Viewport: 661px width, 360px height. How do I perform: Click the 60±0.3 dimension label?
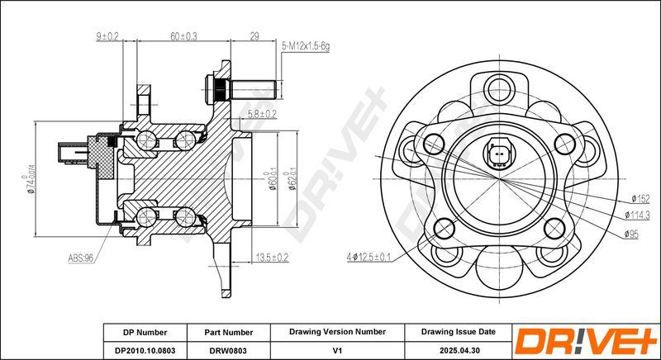pos(183,36)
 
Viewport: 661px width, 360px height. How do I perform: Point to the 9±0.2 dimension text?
pos(107,36)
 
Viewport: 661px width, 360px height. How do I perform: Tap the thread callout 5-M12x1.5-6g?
pos(305,47)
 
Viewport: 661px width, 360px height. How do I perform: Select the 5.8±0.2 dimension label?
pos(262,114)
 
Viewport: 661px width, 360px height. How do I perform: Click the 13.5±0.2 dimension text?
pos(273,257)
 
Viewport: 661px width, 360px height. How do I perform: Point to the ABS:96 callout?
pos(80,258)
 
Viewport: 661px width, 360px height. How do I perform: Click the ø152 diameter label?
pos(640,199)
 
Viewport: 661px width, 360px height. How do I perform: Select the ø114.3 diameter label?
pos(636,216)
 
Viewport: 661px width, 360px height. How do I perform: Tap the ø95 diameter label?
pos(631,234)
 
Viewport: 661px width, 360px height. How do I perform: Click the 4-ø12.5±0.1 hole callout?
pos(369,257)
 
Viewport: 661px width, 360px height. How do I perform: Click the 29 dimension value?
pos(254,36)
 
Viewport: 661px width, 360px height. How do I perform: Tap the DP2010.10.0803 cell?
pos(145,350)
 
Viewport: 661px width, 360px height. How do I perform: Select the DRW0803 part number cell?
pos(229,350)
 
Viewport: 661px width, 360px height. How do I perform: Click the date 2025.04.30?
pos(459,350)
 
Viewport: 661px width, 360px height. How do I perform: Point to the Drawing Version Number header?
pos(337,332)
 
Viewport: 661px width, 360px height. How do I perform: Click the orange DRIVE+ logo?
pos(586,341)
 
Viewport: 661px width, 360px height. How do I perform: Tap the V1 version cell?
pos(337,350)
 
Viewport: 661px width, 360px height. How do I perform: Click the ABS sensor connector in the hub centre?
pos(499,154)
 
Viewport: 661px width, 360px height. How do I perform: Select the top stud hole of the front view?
pos(499,89)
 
